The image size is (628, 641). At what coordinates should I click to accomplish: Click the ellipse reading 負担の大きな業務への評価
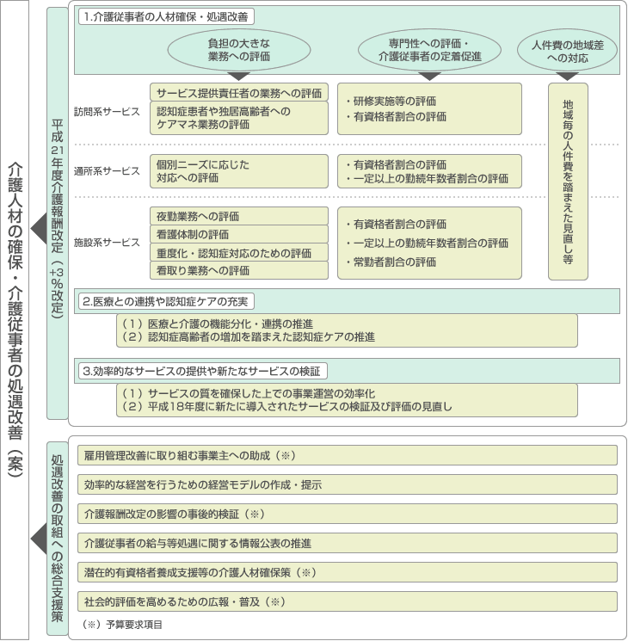point(238,50)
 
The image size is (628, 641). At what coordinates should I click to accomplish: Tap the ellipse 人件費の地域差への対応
point(568,50)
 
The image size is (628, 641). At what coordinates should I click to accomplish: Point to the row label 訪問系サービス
point(107,112)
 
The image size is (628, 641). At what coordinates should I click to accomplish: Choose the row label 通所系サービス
point(107,171)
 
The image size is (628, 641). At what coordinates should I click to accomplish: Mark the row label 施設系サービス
point(107,243)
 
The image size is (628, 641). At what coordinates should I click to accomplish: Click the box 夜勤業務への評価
point(239,216)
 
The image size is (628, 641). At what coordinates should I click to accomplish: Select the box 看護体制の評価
point(239,234)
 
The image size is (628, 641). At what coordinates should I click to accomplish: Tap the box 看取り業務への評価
point(239,270)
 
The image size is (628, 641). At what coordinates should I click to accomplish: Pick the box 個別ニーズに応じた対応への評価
point(239,171)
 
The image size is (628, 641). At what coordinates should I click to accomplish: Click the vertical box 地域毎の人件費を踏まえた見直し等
point(568,181)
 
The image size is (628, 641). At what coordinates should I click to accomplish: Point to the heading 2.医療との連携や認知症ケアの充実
point(164,301)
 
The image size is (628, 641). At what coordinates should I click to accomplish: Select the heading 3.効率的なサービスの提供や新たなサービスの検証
point(202,371)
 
